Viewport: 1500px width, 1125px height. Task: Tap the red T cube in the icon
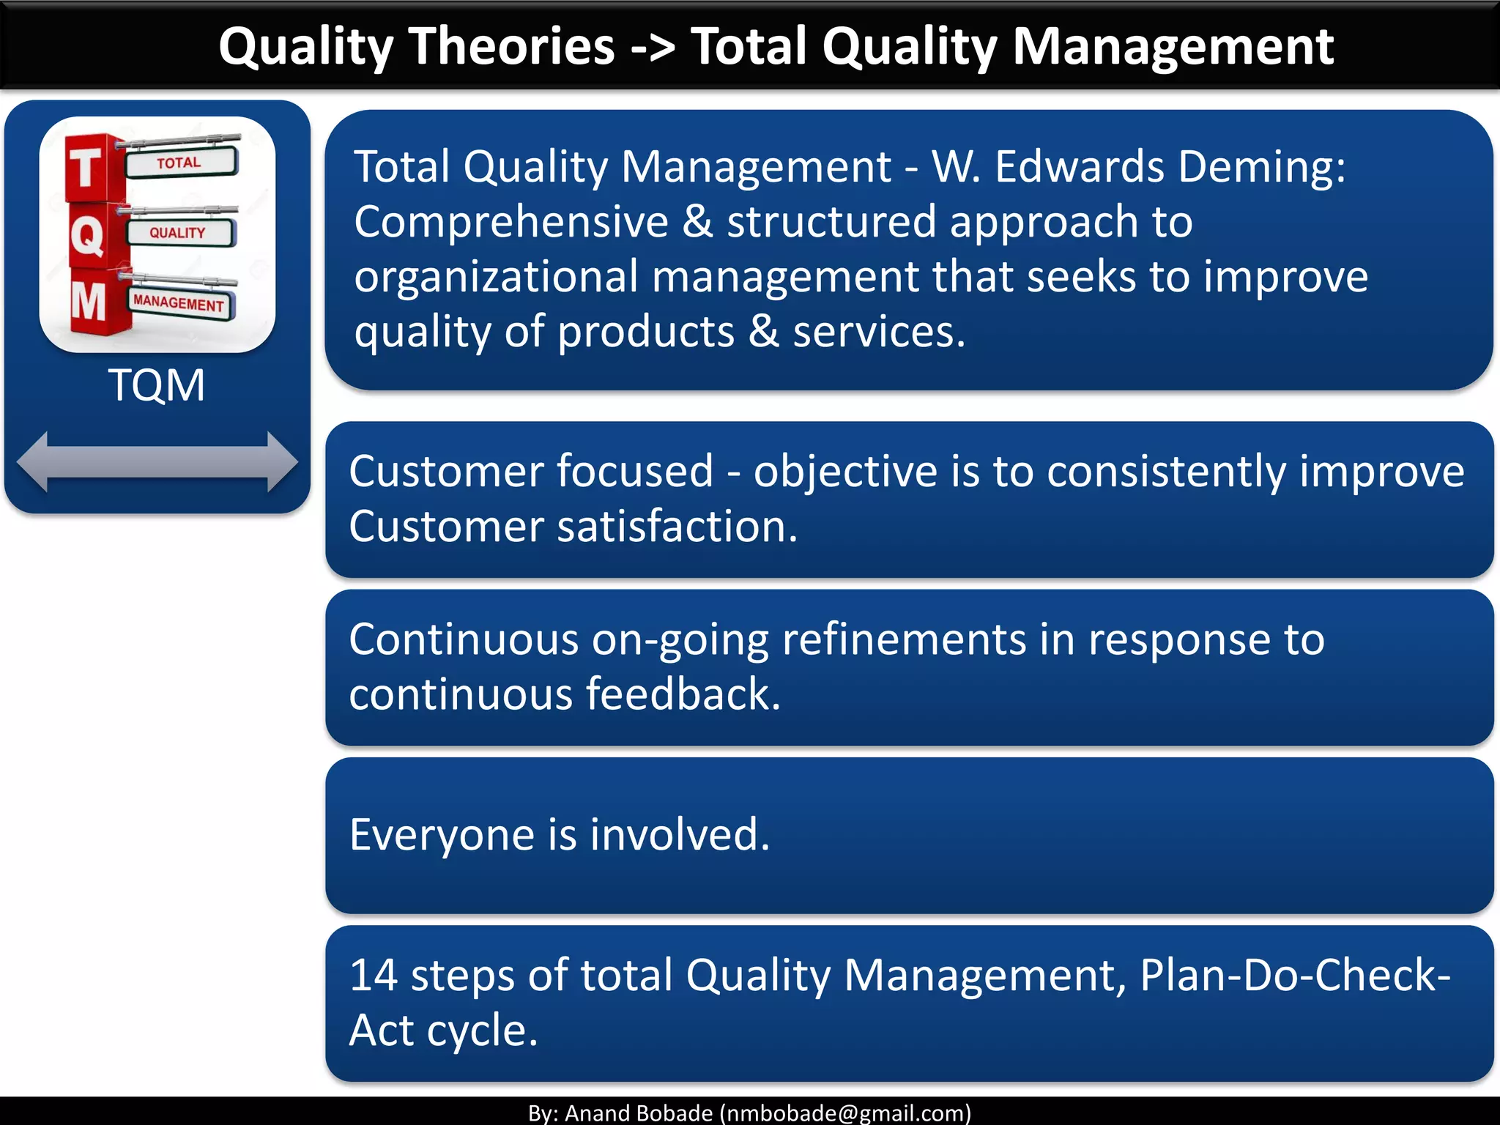pyautogui.click(x=86, y=168)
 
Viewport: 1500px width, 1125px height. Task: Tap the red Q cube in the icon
pyautogui.click(x=88, y=237)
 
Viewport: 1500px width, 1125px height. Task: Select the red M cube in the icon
pyautogui.click(x=89, y=302)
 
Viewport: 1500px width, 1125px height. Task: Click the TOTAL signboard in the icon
pyautogui.click(x=180, y=163)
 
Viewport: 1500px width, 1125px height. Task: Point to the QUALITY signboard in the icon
pyautogui.click(x=179, y=233)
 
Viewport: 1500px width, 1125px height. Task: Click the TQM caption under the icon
pyautogui.click(x=157, y=385)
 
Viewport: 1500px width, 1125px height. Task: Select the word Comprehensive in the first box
pyautogui.click(x=510, y=222)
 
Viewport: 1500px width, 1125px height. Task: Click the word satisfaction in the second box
pyautogui.click(x=677, y=527)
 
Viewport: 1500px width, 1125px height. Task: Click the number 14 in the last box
pyautogui.click(x=373, y=976)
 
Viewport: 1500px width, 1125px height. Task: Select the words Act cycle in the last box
pyautogui.click(x=443, y=1031)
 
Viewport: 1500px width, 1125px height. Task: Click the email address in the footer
pyautogui.click(x=845, y=1113)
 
